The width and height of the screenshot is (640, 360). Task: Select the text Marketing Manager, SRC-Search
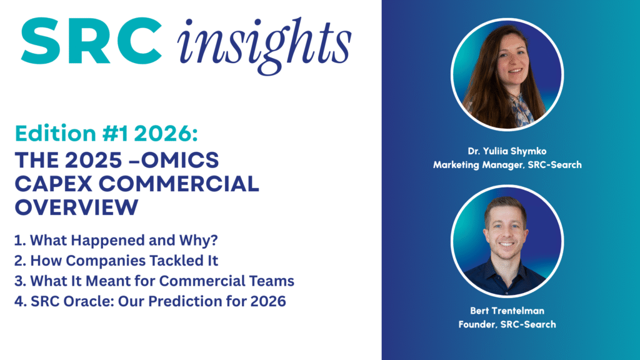tap(506, 164)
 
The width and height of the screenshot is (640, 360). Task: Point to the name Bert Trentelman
tap(506, 310)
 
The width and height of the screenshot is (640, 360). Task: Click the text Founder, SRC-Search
tap(506, 324)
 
